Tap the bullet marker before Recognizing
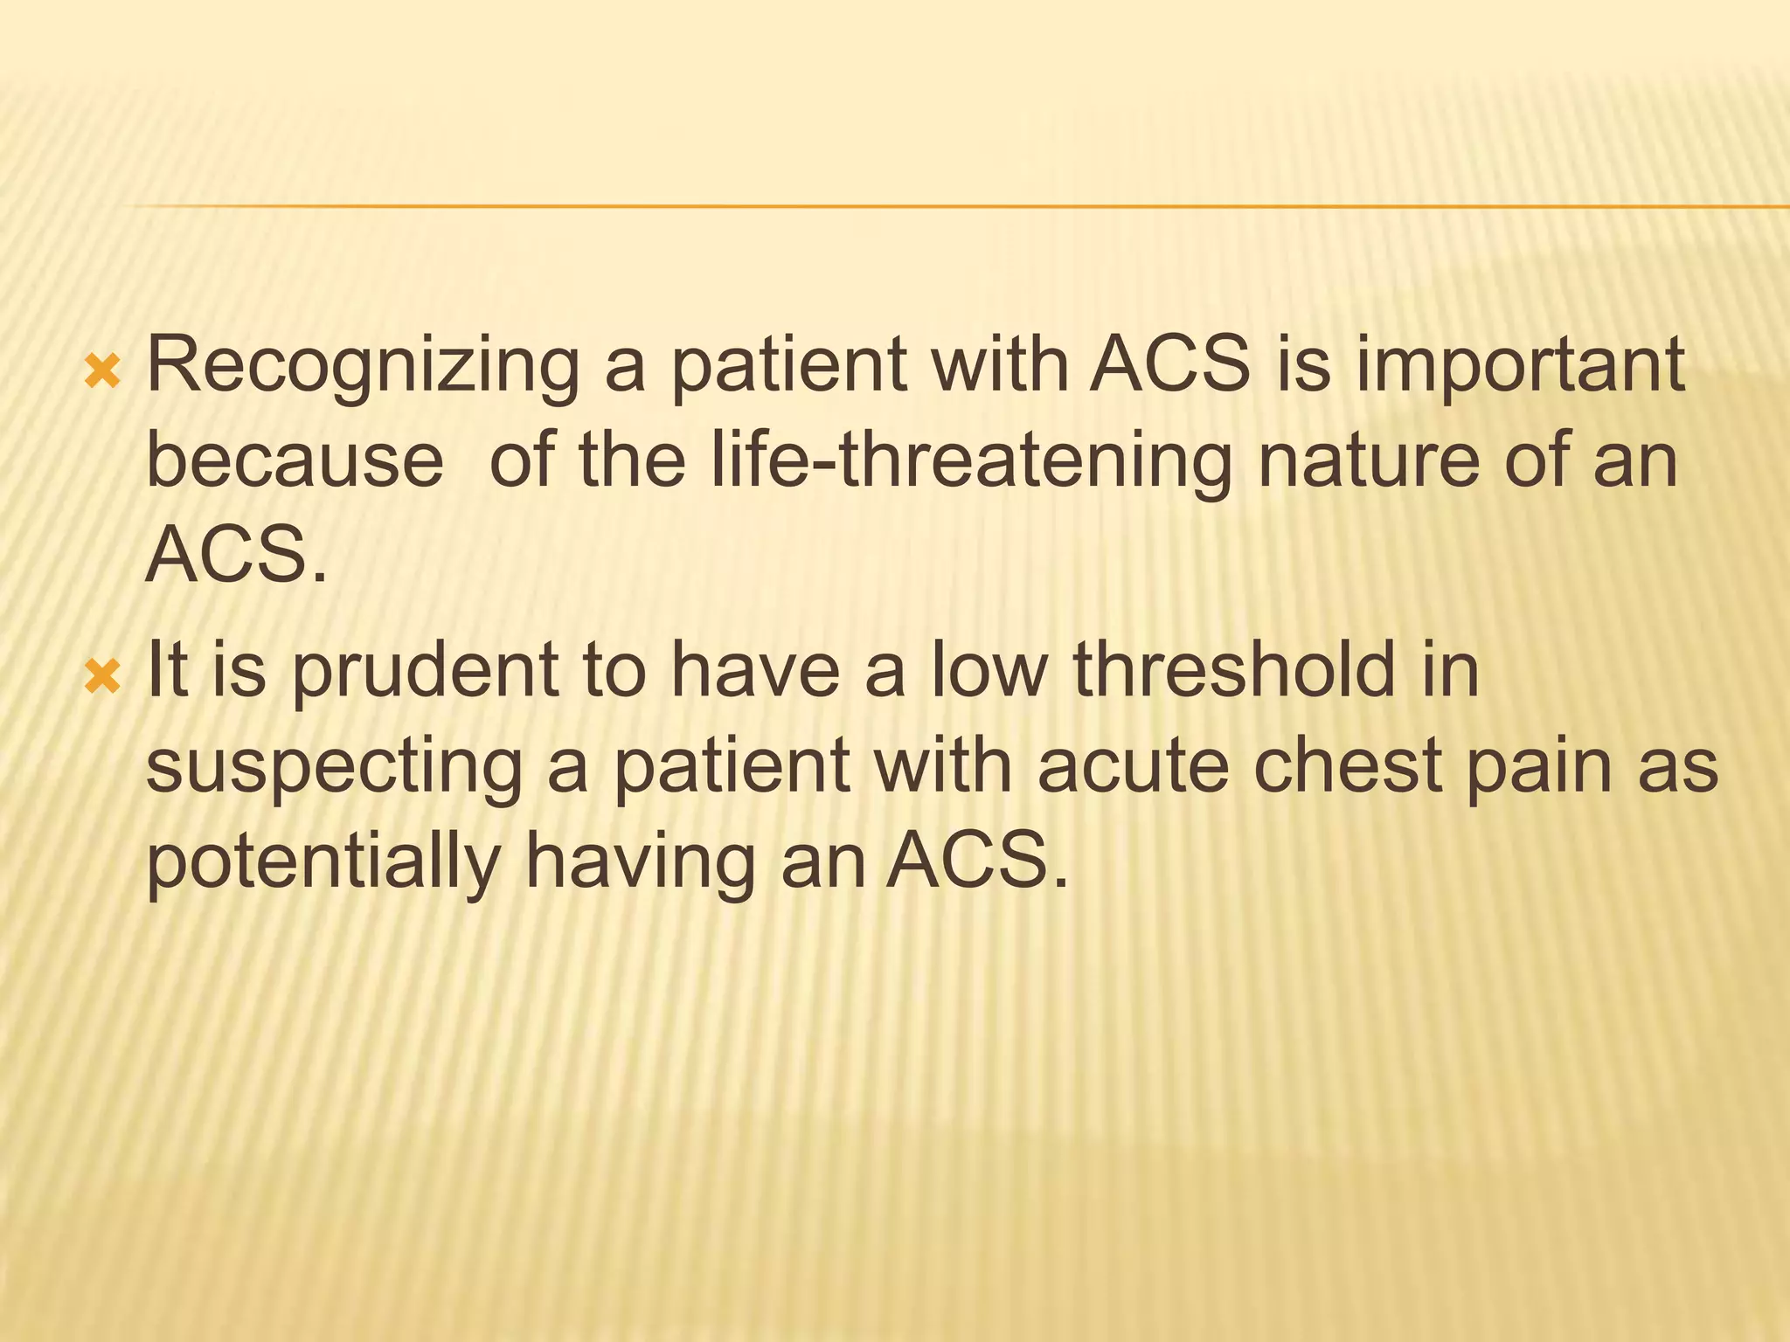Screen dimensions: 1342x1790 [x=103, y=373]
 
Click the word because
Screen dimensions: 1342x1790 [x=295, y=460]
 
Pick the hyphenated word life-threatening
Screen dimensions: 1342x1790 [x=971, y=460]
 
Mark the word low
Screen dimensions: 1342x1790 [x=988, y=671]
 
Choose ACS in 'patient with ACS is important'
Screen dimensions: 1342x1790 [x=1171, y=365]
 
